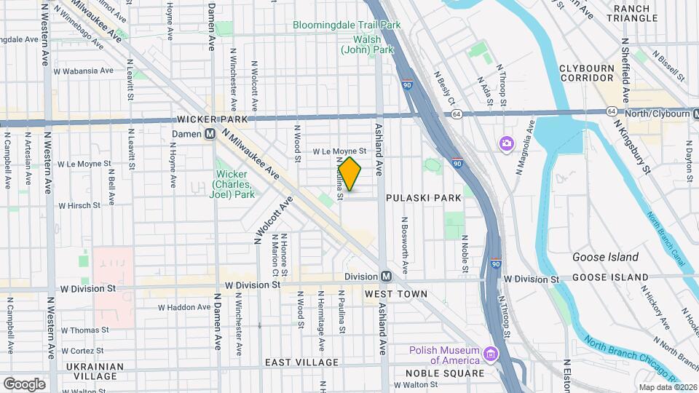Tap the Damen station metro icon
pos(210,134)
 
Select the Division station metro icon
pos(386,277)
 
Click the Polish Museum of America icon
pos(491,354)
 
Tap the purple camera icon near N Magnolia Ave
pos(506,143)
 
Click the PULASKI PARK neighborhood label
pos(424,198)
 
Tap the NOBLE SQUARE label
pos(445,373)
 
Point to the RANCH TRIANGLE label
pos(641,13)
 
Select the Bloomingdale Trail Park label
pos(347,25)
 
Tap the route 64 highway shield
pos(457,114)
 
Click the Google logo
pos(24,384)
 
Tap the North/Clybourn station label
pos(659,113)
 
